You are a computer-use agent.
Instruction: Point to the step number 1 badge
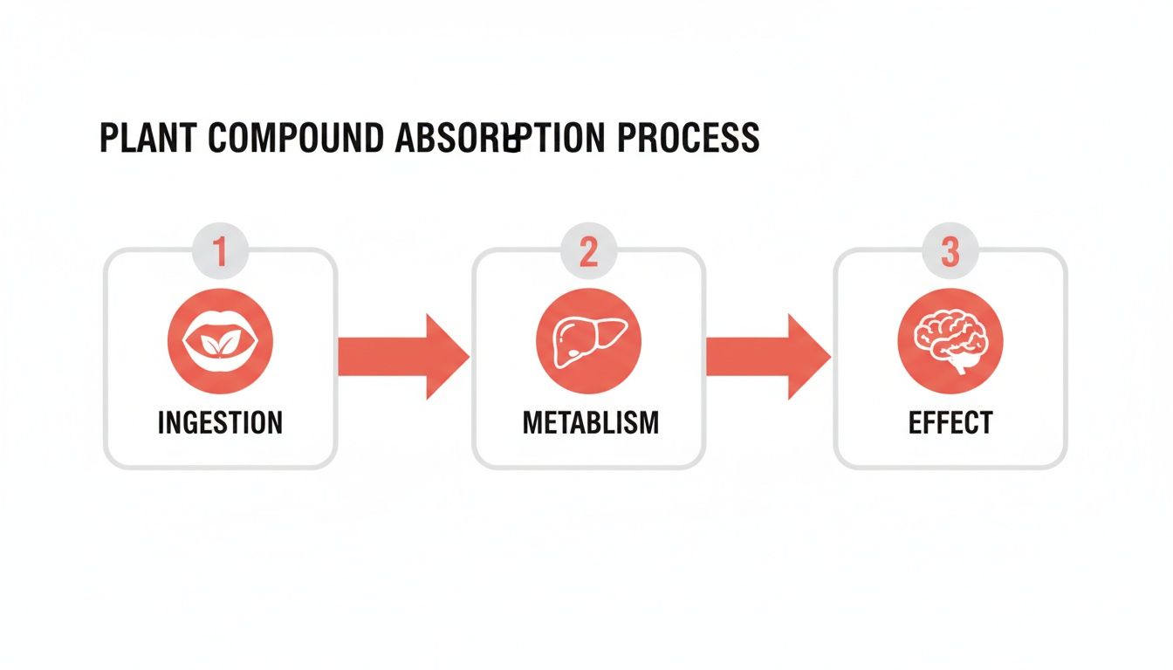click(220, 253)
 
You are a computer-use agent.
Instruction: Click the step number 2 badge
click(588, 253)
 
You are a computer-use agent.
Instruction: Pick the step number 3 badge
click(950, 253)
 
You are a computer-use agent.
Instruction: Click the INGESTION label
click(220, 423)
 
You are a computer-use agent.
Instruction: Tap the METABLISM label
click(591, 423)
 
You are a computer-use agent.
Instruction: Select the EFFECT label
click(950, 423)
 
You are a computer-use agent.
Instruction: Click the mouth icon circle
click(220, 340)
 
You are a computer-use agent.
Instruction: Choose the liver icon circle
click(588, 340)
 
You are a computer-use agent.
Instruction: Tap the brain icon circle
click(950, 340)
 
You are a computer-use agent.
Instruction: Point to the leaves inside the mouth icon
click(220, 344)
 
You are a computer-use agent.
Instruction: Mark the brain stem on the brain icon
click(961, 365)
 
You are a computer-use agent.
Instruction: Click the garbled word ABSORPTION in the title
click(492, 139)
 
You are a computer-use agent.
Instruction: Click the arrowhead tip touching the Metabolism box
click(466, 357)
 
